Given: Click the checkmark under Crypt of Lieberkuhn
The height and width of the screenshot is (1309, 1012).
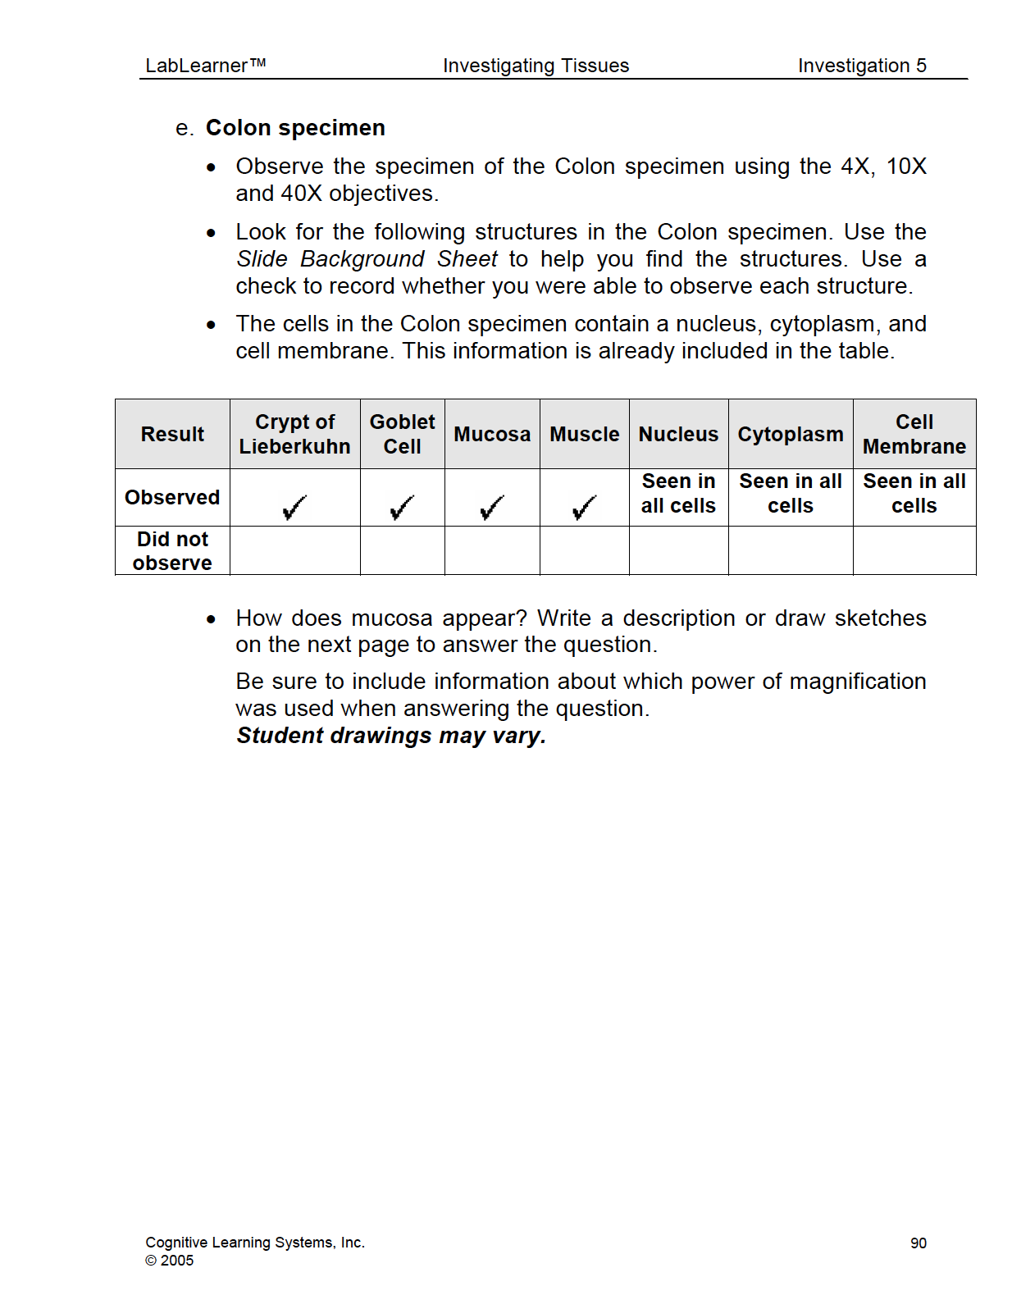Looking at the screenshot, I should coord(294,508).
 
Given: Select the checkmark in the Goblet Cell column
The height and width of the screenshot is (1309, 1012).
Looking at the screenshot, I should coord(402,508).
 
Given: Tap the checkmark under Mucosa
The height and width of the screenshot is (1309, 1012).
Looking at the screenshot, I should coord(492,508).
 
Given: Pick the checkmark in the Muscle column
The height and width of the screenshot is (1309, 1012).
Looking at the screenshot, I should coord(584,508).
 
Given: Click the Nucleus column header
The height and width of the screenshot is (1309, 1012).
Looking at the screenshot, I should coord(678,434).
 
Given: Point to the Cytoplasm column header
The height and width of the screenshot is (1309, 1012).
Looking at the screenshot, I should coord(790,434).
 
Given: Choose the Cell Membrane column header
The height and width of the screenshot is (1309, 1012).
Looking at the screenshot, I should coord(914,434).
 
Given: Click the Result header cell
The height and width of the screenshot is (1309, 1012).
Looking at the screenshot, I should coord(172,434).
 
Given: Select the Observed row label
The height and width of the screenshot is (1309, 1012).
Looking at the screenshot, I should coord(172,497).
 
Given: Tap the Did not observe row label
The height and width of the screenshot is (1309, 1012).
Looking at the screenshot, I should coord(172,550).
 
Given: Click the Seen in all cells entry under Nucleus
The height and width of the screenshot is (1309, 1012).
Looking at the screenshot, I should coord(678,493).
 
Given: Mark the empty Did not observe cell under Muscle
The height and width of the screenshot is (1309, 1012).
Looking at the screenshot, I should coord(584,550).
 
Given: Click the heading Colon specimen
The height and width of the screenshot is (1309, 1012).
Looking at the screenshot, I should coord(295,128).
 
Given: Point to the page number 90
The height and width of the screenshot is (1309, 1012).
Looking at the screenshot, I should coord(918,1243).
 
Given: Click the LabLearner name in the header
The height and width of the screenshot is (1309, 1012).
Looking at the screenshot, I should coord(205,66).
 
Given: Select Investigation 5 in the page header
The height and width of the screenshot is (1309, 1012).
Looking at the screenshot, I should coord(862,66).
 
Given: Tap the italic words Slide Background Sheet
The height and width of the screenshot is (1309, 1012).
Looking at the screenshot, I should coord(367,259).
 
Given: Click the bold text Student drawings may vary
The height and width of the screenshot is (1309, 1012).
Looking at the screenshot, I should coord(391,736).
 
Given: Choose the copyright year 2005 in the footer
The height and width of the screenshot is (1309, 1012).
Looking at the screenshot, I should coord(176,1261).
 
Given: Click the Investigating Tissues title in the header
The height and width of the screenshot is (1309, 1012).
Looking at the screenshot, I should coord(536,66).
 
